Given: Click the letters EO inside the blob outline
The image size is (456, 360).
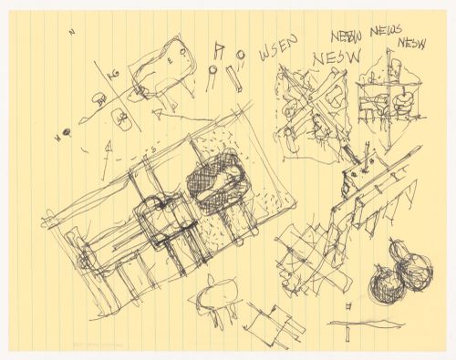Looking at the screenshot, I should (x=177, y=57).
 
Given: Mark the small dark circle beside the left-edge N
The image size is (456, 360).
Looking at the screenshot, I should (x=66, y=138).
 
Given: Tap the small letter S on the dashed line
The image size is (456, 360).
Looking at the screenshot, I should (x=155, y=148).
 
